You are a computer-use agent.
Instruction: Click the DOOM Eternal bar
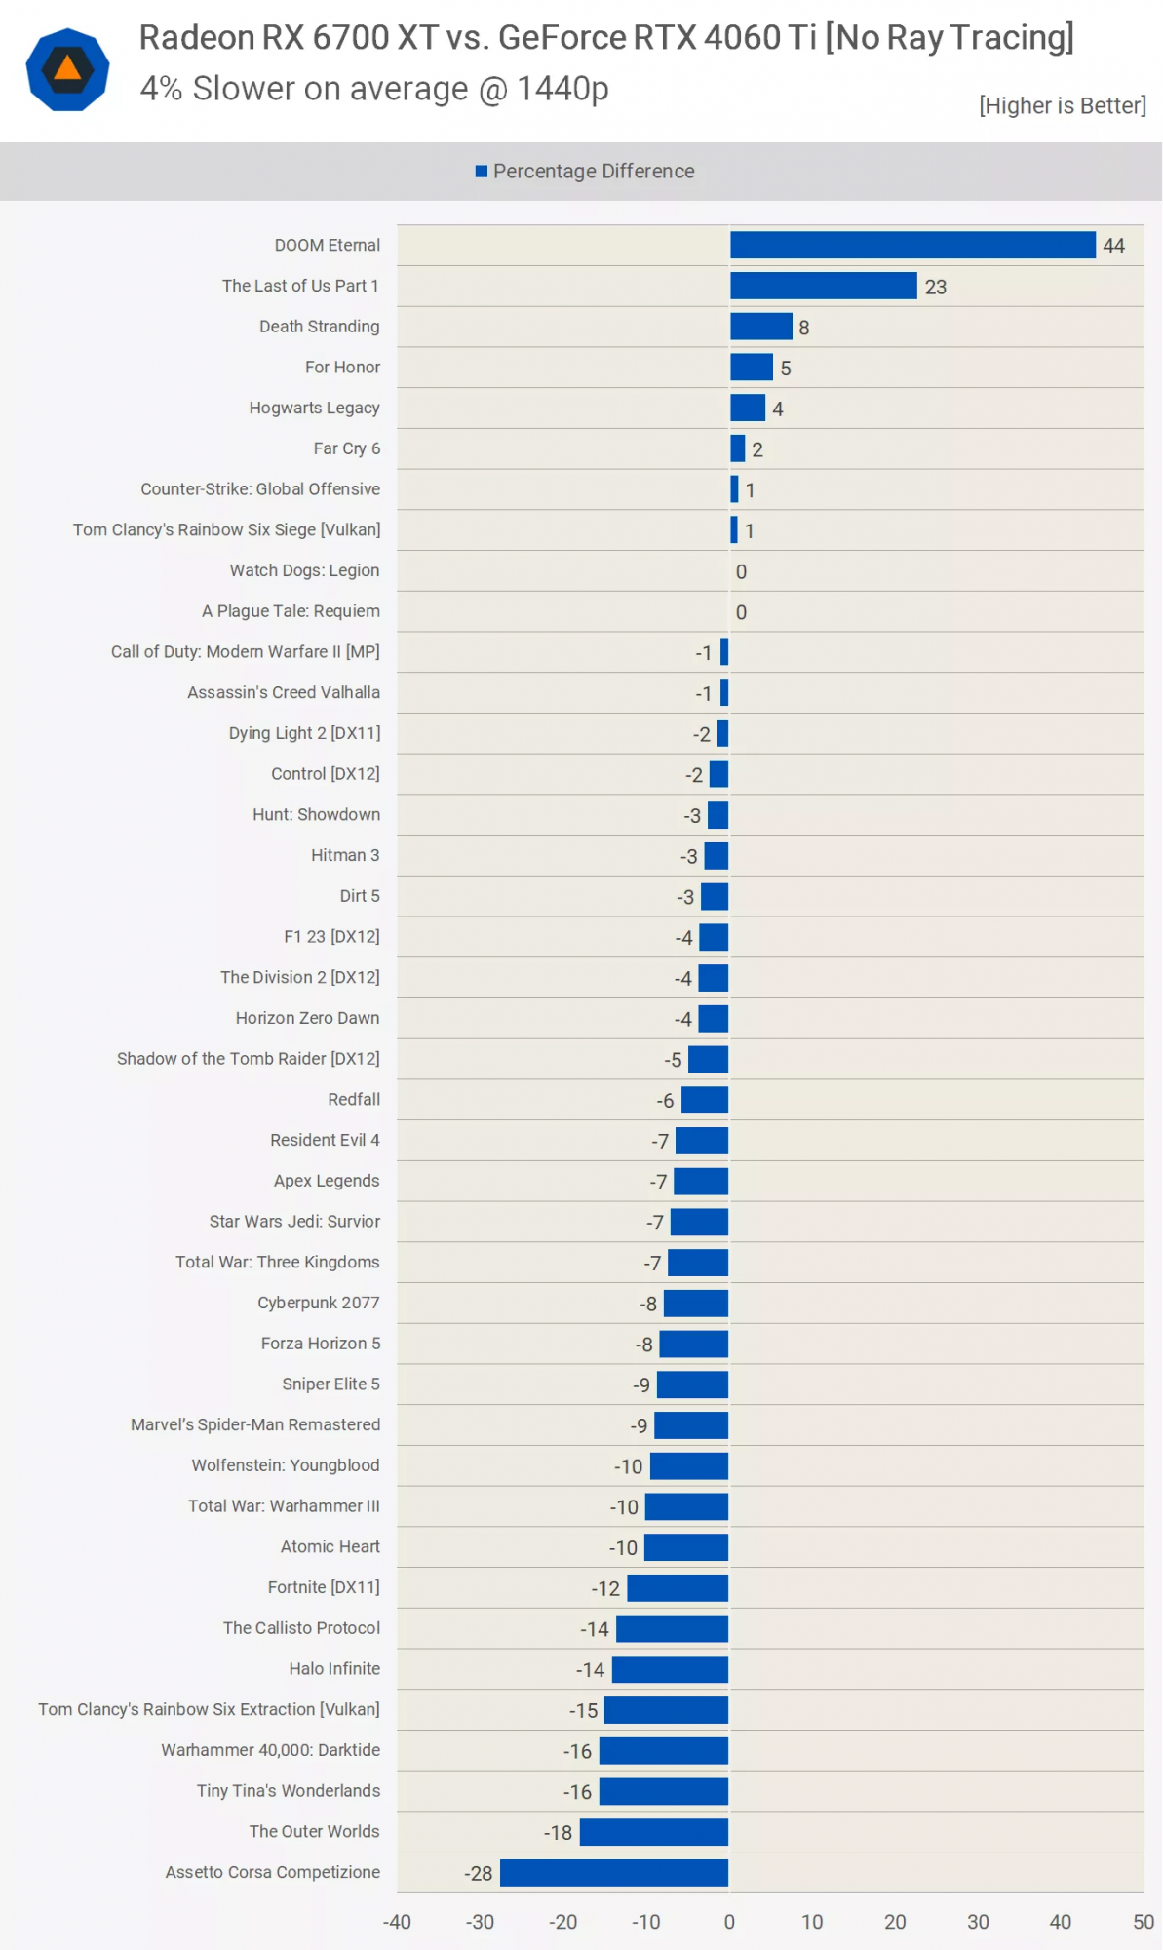tap(912, 245)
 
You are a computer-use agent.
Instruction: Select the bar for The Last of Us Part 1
tap(823, 286)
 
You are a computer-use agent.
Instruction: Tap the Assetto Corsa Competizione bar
tap(613, 1872)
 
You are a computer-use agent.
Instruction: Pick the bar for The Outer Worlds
tap(653, 1831)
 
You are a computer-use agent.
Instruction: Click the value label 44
tap(1113, 246)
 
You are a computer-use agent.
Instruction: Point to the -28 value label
tap(478, 1873)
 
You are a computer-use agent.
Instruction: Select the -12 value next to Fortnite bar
tap(605, 1588)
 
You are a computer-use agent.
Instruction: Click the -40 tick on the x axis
tap(397, 1922)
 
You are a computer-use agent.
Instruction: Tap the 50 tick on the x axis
tap(1143, 1922)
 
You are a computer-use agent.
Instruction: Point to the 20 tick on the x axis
tap(895, 1922)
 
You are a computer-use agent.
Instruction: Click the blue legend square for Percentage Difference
tap(481, 172)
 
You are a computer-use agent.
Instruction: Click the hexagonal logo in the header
tap(67, 69)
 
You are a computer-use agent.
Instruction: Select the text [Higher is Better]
tap(1062, 105)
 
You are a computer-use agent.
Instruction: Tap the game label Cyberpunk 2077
tap(319, 1303)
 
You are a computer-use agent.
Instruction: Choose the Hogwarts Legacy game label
tap(314, 408)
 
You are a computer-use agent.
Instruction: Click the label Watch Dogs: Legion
tap(304, 570)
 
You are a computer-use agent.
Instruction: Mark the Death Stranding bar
tap(760, 327)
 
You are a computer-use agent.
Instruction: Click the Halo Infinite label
tap(334, 1668)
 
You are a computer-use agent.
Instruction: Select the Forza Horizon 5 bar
tap(693, 1344)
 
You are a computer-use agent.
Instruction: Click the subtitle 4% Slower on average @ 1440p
tap(374, 89)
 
